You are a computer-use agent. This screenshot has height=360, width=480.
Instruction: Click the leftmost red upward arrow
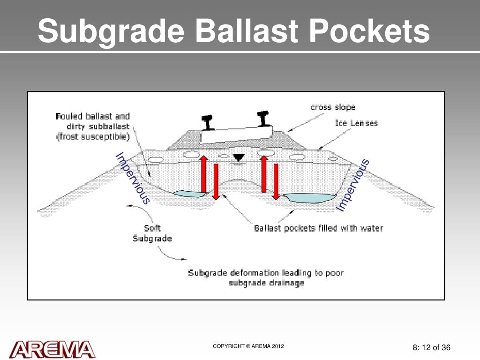(204, 173)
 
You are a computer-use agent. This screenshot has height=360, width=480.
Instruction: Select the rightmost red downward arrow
(276, 181)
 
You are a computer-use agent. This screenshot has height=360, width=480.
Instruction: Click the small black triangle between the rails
(239, 158)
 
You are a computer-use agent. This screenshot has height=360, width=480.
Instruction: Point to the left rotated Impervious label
(133, 178)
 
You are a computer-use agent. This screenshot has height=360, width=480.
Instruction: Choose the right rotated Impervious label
(353, 185)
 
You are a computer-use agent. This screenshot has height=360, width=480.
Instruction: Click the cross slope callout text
(333, 107)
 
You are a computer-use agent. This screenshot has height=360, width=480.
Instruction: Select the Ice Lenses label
(356, 123)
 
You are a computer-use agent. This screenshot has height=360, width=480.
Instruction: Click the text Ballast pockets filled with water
(318, 228)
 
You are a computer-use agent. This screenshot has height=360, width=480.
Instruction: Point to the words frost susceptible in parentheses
(93, 137)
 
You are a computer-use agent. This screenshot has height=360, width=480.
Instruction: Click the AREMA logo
(52, 349)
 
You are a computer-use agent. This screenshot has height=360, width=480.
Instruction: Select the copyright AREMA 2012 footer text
(248, 346)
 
